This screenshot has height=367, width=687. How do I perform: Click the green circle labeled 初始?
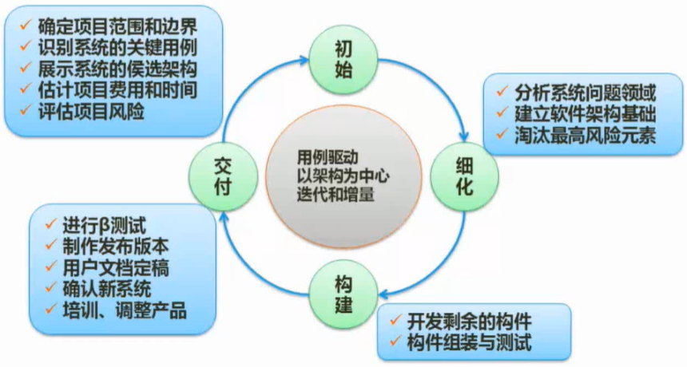pos(343,59)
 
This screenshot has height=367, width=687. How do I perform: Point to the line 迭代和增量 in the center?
pos(339,195)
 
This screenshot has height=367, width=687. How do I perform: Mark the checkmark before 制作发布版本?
pos(47,245)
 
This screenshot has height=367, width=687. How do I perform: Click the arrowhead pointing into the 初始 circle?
pos(313,58)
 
